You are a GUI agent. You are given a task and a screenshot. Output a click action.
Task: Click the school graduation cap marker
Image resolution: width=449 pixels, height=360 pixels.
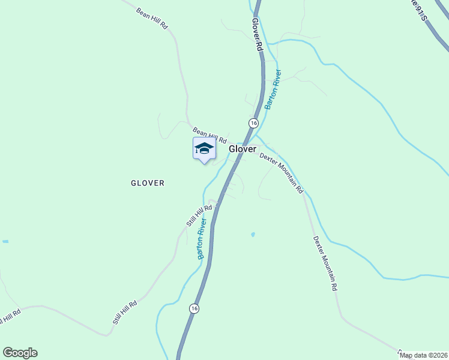(204, 149)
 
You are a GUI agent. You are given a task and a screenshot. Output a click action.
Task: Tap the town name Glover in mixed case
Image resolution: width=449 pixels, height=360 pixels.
(243, 149)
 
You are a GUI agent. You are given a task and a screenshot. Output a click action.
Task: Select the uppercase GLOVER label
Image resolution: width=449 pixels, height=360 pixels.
(148, 183)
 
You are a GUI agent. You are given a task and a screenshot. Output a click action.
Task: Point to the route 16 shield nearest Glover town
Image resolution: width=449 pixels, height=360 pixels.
(253, 123)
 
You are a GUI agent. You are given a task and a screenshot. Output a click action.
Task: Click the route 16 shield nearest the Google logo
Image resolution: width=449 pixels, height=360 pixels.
(193, 308)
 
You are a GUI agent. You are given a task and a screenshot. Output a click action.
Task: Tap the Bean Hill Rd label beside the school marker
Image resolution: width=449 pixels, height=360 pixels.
(209, 135)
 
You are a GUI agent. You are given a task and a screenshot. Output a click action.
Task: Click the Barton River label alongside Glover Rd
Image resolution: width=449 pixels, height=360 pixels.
(274, 90)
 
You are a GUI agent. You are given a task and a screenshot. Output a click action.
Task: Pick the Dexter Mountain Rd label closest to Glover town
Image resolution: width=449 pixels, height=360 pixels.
(282, 172)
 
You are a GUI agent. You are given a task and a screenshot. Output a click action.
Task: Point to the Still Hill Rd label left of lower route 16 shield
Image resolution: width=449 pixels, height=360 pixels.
(125, 313)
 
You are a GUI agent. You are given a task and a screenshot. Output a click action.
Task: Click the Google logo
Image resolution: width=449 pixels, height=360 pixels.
(20, 353)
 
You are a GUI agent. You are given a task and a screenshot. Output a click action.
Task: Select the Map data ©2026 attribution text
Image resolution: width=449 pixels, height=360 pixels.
(424, 355)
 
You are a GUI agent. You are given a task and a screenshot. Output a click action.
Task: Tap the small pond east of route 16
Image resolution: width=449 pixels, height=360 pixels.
(253, 234)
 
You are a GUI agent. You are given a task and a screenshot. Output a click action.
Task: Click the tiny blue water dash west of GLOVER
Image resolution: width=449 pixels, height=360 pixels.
(5, 241)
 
